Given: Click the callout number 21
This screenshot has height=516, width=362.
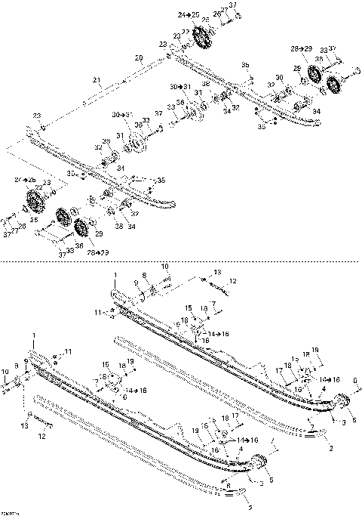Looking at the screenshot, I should coord(96,81).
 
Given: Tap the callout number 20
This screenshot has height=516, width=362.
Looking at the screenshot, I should coord(139,58).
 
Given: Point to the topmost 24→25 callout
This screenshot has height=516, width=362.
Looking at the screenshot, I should coord(189,15).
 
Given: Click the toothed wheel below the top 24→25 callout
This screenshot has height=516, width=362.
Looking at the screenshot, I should coord(201,36).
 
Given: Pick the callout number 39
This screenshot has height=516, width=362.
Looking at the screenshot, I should coord(106,141).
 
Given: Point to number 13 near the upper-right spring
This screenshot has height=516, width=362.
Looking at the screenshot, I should coord(218,272).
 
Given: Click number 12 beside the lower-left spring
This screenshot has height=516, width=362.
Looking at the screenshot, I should coord(42,436).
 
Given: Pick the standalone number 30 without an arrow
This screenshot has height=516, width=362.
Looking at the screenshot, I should coord(278,78).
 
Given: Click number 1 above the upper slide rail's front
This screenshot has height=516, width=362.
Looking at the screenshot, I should coord(115,273).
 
